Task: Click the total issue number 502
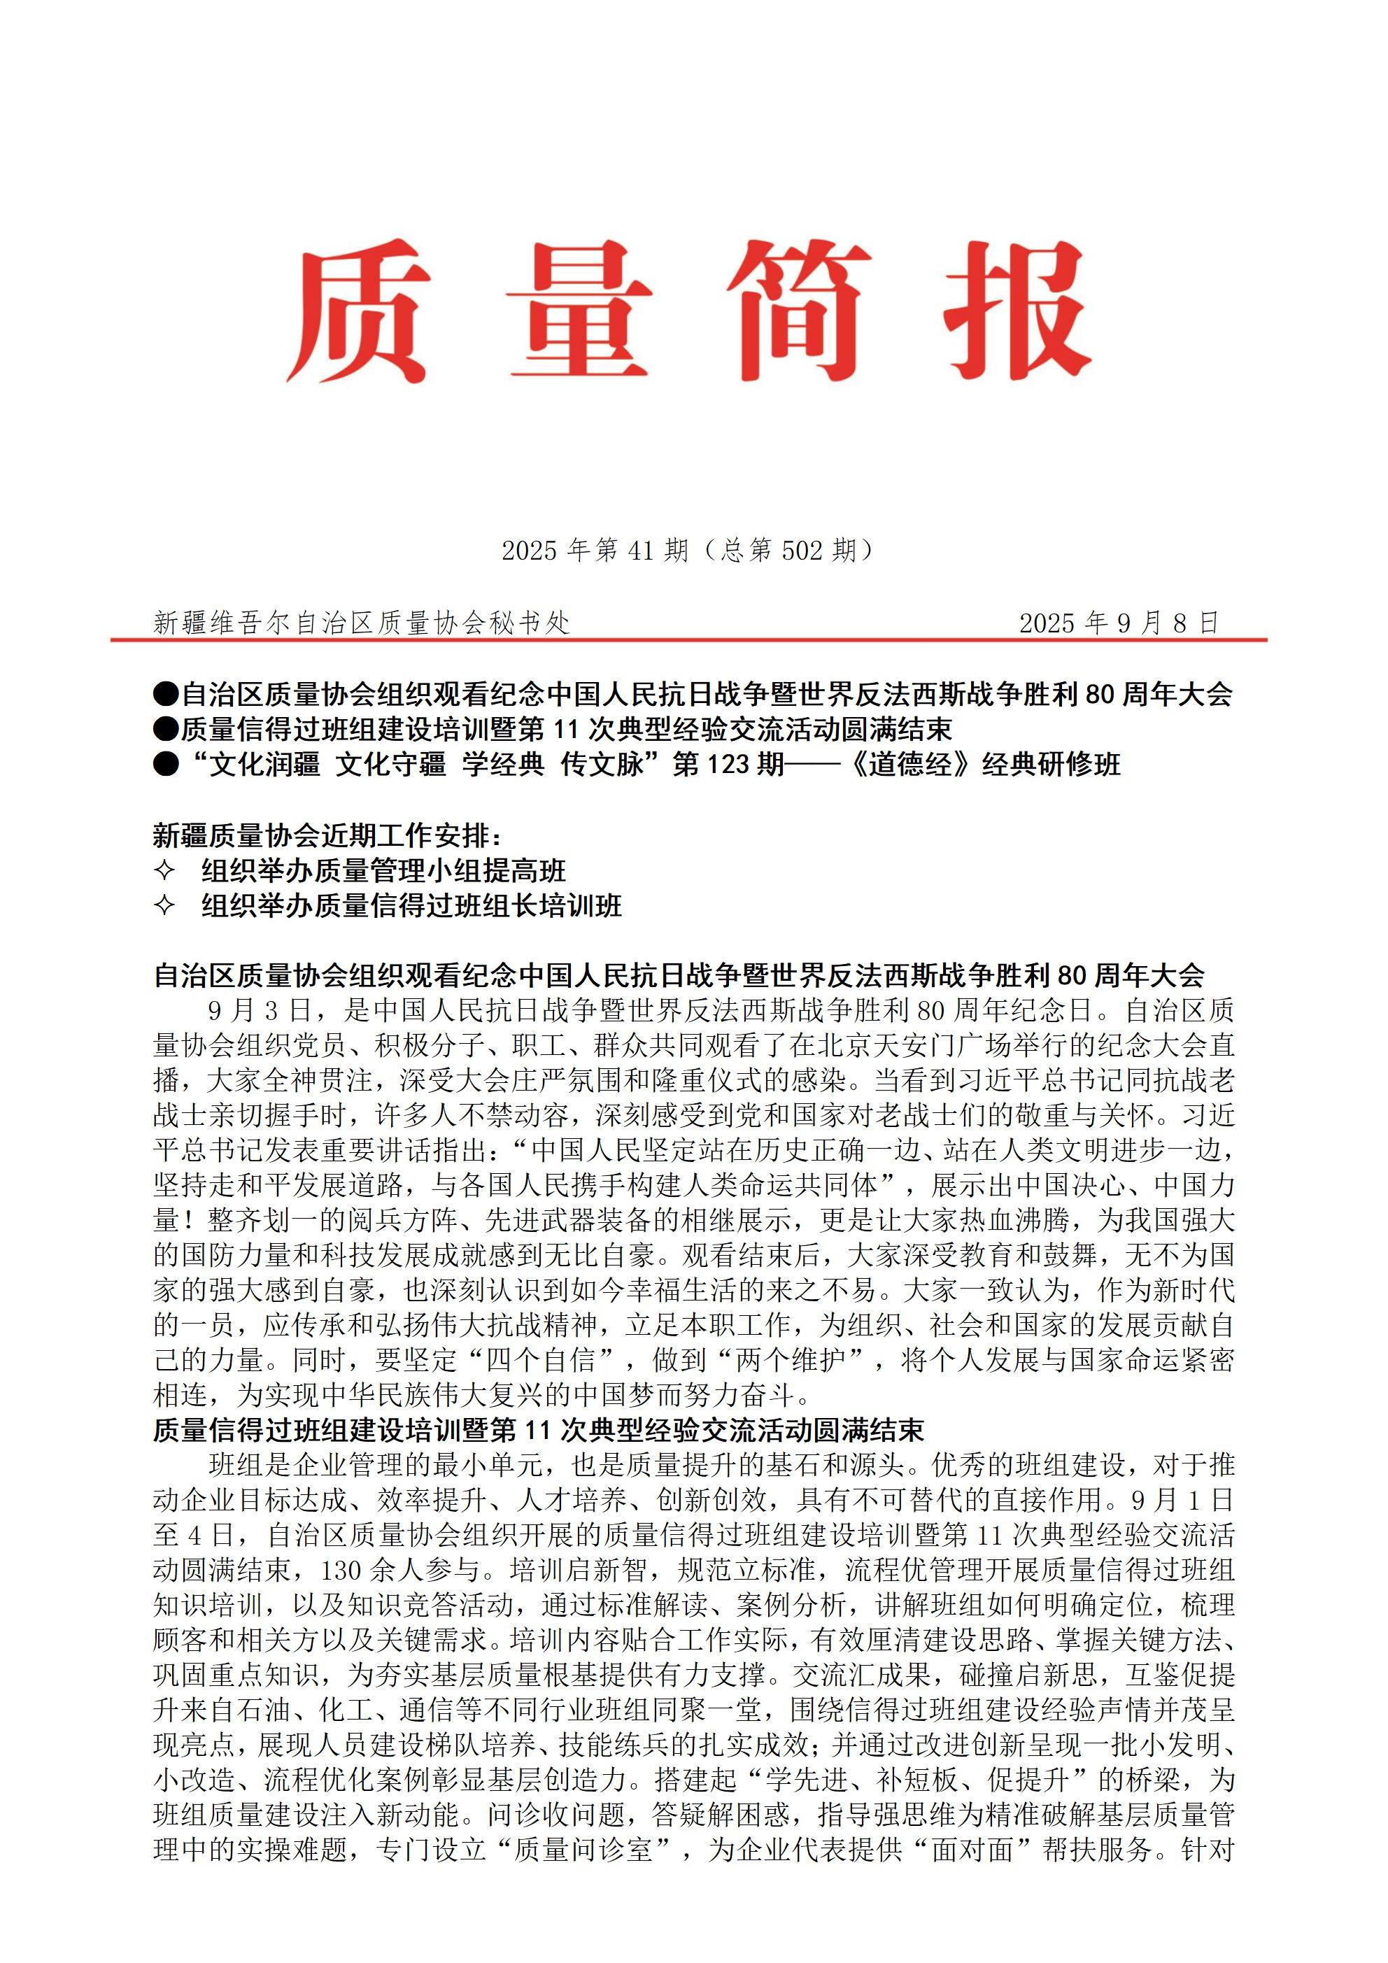[801, 551]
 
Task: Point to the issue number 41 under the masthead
[641, 551]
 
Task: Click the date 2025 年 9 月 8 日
[1118, 623]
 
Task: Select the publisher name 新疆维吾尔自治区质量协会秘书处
[361, 623]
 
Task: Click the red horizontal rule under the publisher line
[688, 639]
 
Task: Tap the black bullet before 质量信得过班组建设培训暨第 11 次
[166, 729]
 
